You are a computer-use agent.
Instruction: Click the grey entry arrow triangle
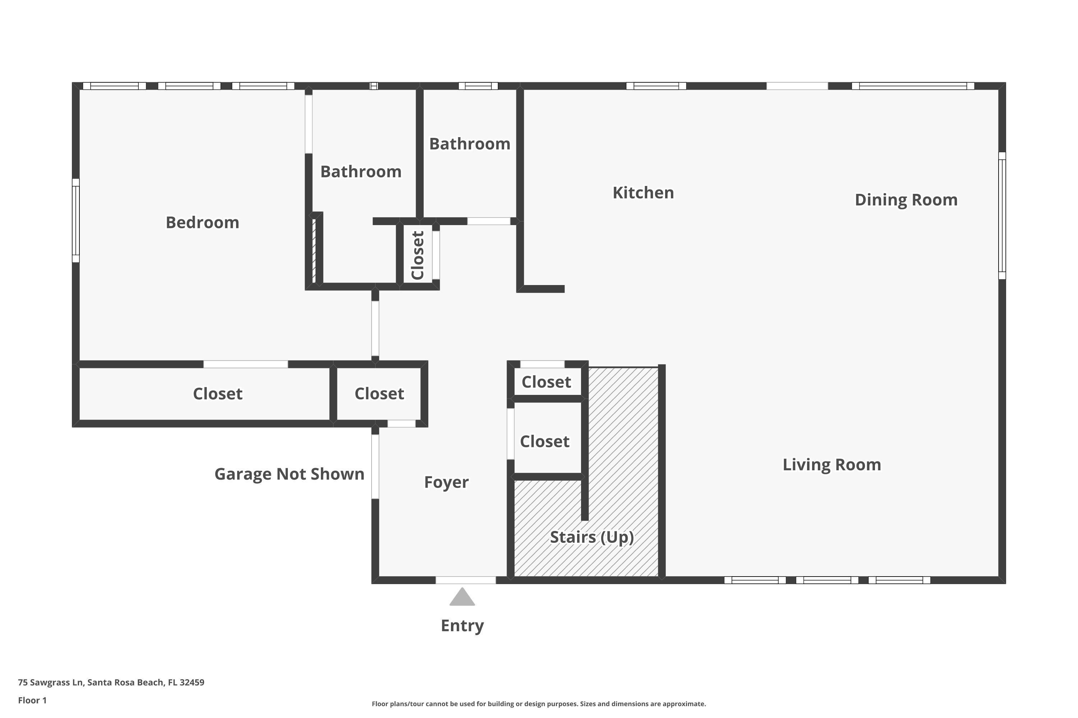(462, 598)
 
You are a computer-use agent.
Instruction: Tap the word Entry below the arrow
(462, 625)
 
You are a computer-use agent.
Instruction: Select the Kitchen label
(643, 193)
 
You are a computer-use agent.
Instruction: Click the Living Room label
(831, 465)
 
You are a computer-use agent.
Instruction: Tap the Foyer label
(446, 482)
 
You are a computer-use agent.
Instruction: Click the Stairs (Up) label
(592, 537)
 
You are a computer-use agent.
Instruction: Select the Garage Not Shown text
(289, 474)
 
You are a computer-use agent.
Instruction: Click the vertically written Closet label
(418, 255)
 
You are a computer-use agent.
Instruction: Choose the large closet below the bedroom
(217, 394)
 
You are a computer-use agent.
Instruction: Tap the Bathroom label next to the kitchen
(469, 144)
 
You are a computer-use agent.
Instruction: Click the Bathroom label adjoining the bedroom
(361, 172)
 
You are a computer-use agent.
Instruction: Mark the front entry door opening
(465, 580)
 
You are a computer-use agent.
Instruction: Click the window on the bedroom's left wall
(75, 221)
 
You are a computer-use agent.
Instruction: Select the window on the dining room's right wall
(1002, 216)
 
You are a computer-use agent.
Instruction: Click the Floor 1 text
(32, 700)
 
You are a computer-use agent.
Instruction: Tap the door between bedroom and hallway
(375, 328)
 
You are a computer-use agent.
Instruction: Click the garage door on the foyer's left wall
(375, 466)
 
